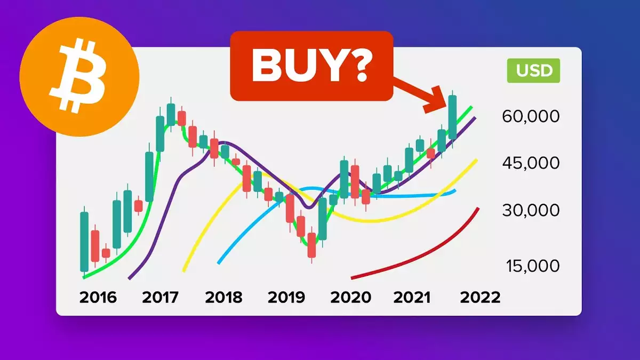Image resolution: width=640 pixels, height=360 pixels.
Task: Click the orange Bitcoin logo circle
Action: [79, 77]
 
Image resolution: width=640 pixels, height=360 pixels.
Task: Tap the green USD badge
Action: [533, 70]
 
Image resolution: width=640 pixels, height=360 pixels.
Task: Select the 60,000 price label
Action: [531, 116]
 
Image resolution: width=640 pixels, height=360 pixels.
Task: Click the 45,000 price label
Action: [531, 163]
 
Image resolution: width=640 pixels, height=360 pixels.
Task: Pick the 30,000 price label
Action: [531, 210]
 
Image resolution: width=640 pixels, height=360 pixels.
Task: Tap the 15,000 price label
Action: [533, 266]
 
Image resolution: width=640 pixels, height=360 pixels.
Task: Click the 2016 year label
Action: [98, 298]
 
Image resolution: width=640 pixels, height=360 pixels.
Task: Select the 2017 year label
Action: [160, 298]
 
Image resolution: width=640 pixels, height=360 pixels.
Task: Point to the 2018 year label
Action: [223, 298]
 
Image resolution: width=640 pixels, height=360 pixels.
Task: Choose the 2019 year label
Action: [286, 298]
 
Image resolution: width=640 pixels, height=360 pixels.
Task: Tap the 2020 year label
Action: [350, 298]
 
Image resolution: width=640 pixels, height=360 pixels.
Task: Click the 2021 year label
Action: [412, 298]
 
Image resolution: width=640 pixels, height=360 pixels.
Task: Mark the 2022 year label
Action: [481, 298]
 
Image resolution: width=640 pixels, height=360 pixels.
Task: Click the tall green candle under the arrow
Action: [453, 117]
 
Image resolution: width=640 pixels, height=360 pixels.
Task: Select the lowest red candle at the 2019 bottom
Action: [311, 245]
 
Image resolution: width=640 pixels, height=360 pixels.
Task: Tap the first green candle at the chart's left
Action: [84, 242]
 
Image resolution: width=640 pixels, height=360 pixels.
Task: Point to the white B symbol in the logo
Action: [78, 77]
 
